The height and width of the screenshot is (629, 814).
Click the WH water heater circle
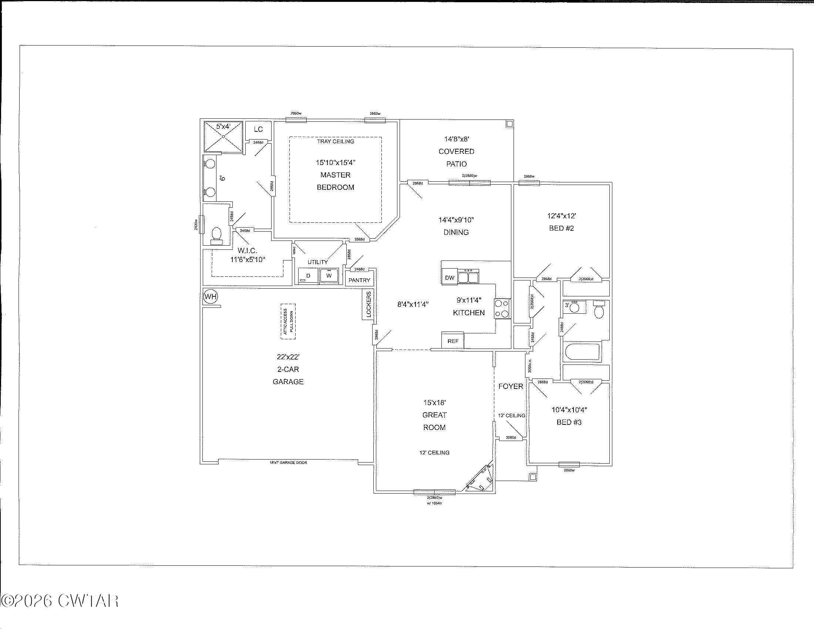pyautogui.click(x=211, y=297)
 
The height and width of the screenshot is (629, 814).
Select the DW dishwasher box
pyautogui.click(x=450, y=277)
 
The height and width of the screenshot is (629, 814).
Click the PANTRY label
pyautogui.click(x=359, y=280)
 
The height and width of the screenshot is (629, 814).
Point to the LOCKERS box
pyautogui.click(x=368, y=305)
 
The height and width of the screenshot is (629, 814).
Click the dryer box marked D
pyautogui.click(x=308, y=276)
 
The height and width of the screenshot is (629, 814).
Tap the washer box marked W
pyautogui.click(x=329, y=276)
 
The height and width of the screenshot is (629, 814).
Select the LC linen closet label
pyautogui.click(x=258, y=129)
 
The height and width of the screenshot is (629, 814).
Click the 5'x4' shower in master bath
pyautogui.click(x=223, y=137)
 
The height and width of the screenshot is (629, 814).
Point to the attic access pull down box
pyautogui.click(x=288, y=322)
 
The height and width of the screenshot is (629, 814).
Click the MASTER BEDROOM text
pyautogui.click(x=335, y=181)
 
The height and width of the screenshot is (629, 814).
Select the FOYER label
pyautogui.click(x=511, y=386)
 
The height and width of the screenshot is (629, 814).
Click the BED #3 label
pyautogui.click(x=569, y=422)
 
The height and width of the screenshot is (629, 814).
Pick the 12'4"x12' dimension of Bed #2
pyautogui.click(x=561, y=216)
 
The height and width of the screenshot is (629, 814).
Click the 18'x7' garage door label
pyautogui.click(x=288, y=462)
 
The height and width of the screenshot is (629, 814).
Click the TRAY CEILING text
pyautogui.click(x=336, y=142)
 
